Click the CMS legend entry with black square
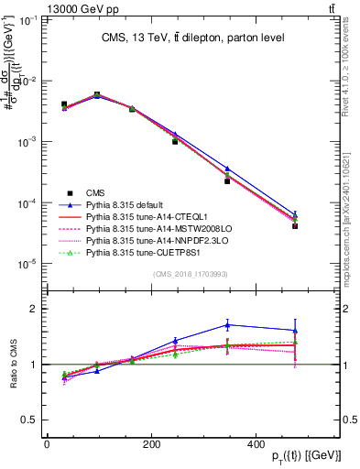coord(94,192)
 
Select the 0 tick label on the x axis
coord(46,445)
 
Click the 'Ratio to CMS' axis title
coord(14,364)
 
